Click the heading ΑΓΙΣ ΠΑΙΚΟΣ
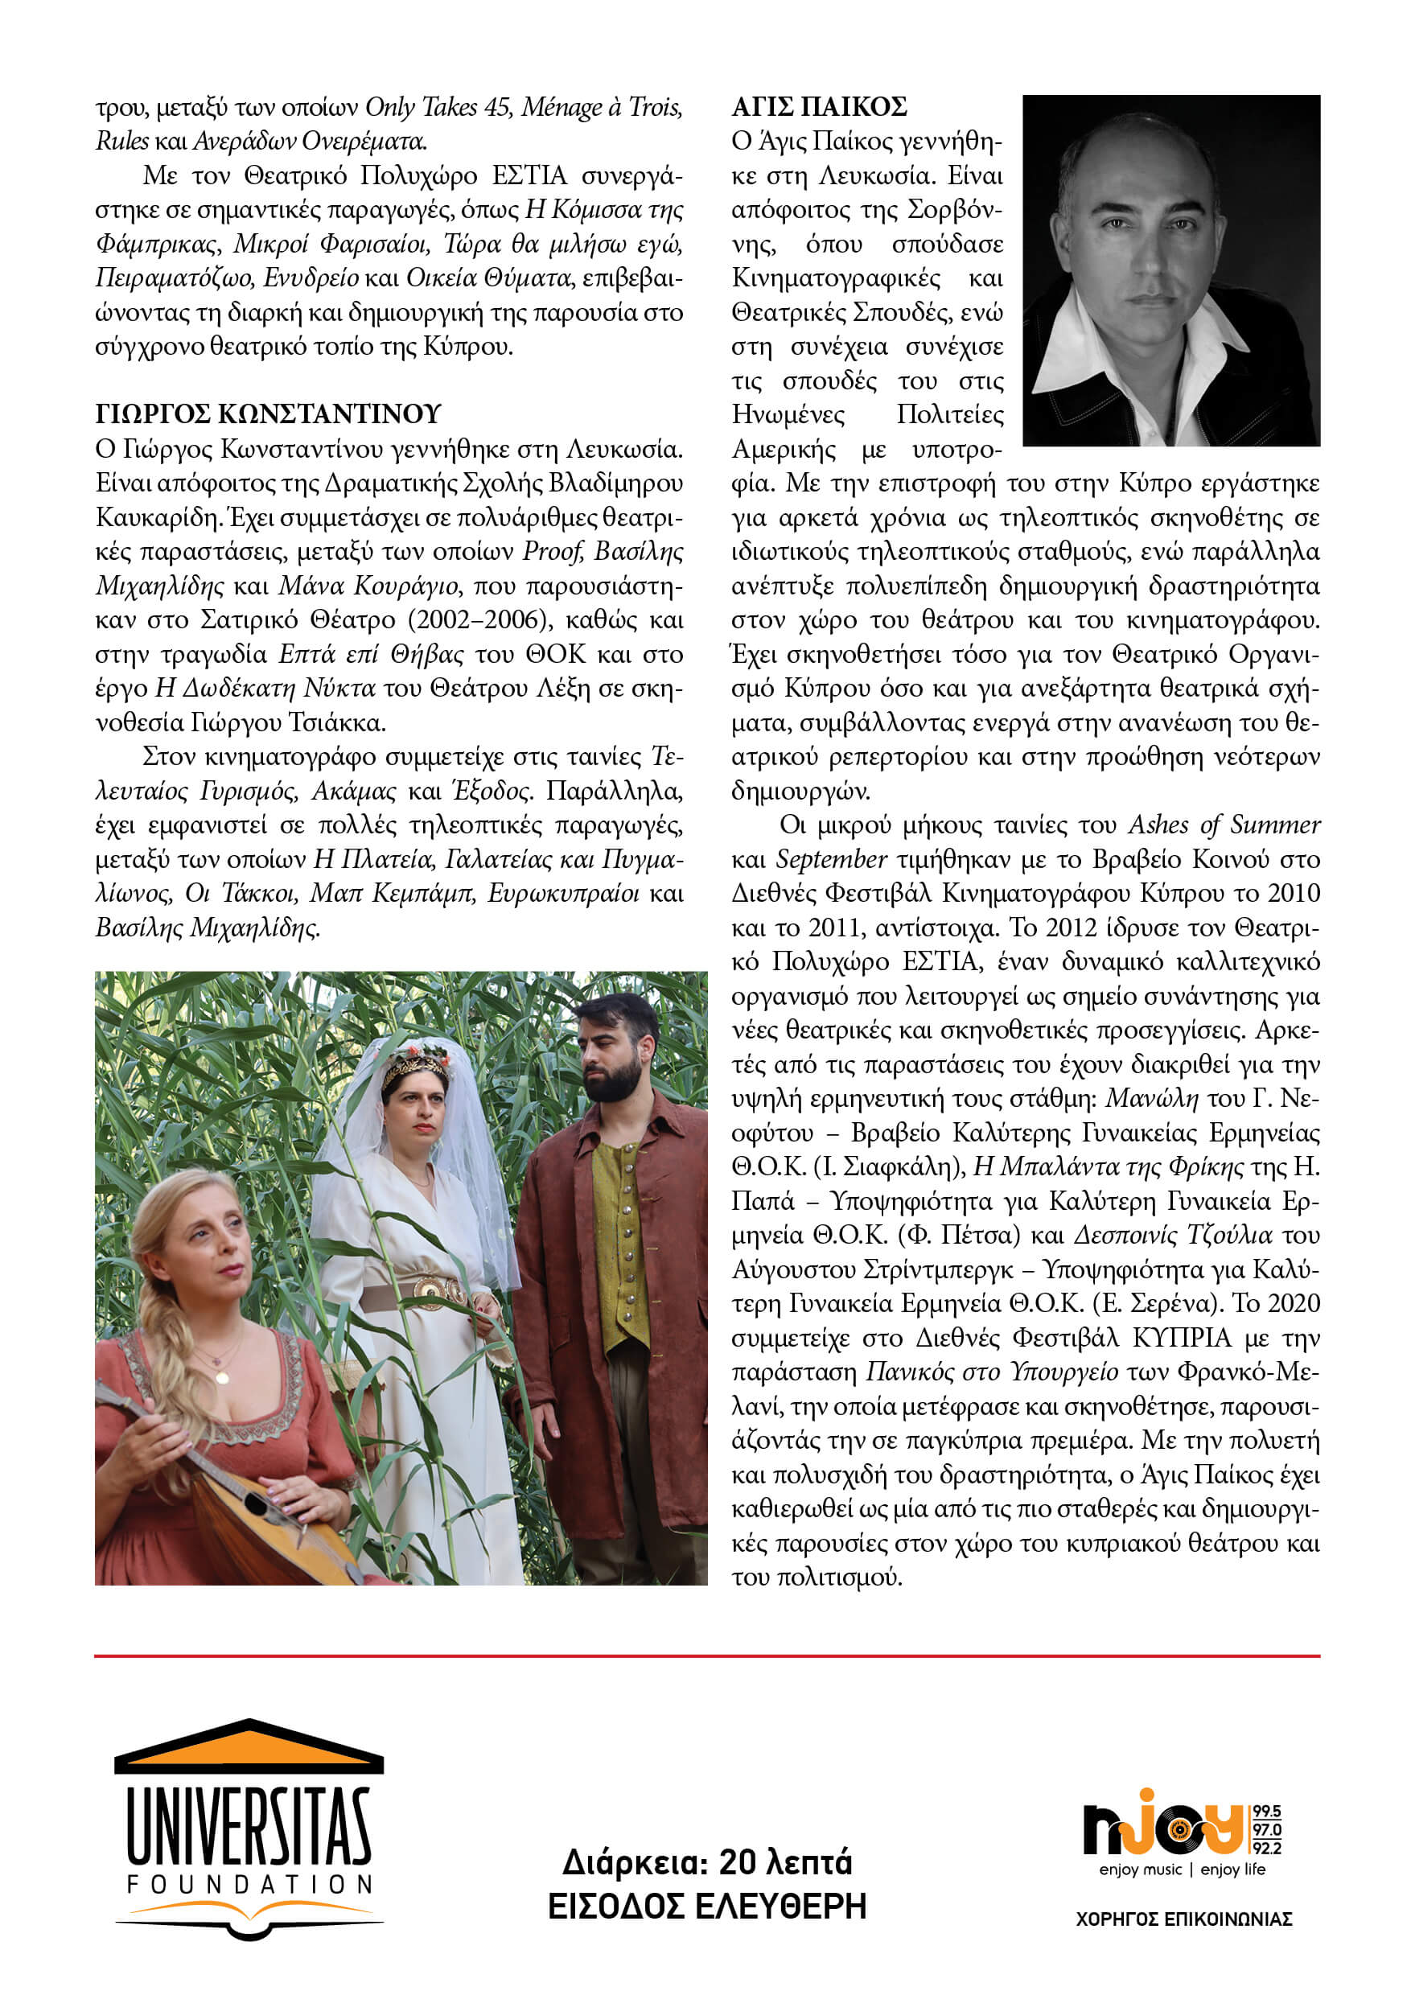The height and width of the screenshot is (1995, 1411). (x=819, y=107)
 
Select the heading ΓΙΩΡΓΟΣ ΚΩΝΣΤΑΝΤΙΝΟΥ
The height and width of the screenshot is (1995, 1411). (x=269, y=413)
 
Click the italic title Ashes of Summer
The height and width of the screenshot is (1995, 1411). (x=1224, y=825)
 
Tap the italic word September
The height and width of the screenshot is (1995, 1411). (x=832, y=859)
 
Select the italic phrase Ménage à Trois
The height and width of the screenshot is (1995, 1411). (x=601, y=107)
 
